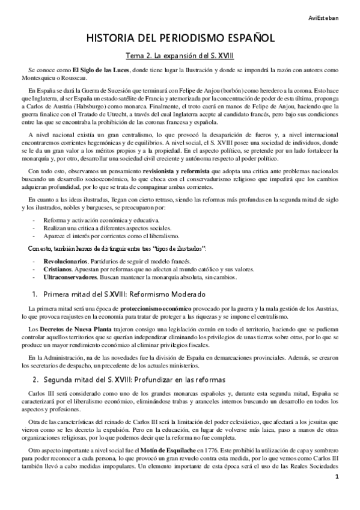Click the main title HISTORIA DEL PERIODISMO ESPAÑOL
180,38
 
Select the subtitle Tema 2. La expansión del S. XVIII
180,57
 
